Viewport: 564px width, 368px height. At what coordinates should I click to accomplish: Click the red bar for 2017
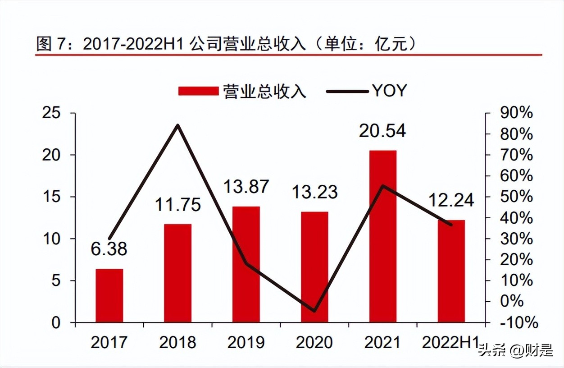pyautogui.click(x=109, y=295)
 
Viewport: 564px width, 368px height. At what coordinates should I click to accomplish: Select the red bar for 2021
pyautogui.click(x=383, y=236)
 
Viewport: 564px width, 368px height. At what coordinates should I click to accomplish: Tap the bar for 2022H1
pyautogui.click(x=451, y=271)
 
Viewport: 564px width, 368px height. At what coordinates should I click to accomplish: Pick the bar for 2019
pyautogui.click(x=246, y=264)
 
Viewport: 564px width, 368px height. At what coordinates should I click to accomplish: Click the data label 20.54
pyautogui.click(x=382, y=131)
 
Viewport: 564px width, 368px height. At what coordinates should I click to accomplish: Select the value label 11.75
pyautogui.click(x=178, y=205)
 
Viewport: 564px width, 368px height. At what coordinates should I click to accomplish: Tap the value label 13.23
pyautogui.click(x=314, y=192)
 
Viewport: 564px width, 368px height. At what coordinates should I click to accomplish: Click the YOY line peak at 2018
pyautogui.click(x=178, y=125)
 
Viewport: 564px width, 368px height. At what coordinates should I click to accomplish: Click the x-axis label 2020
pyautogui.click(x=314, y=343)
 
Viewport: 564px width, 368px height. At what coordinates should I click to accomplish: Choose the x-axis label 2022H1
pyautogui.click(x=451, y=343)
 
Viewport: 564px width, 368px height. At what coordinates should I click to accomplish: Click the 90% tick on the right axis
pyautogui.click(x=516, y=113)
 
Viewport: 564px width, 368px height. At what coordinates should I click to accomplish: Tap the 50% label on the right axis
pyautogui.click(x=516, y=197)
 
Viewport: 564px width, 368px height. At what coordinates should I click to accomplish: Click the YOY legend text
pyautogui.click(x=389, y=91)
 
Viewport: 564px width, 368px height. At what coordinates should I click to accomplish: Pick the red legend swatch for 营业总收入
pyautogui.click(x=198, y=91)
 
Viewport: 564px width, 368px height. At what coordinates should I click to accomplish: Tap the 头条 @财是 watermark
pyautogui.click(x=515, y=350)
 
